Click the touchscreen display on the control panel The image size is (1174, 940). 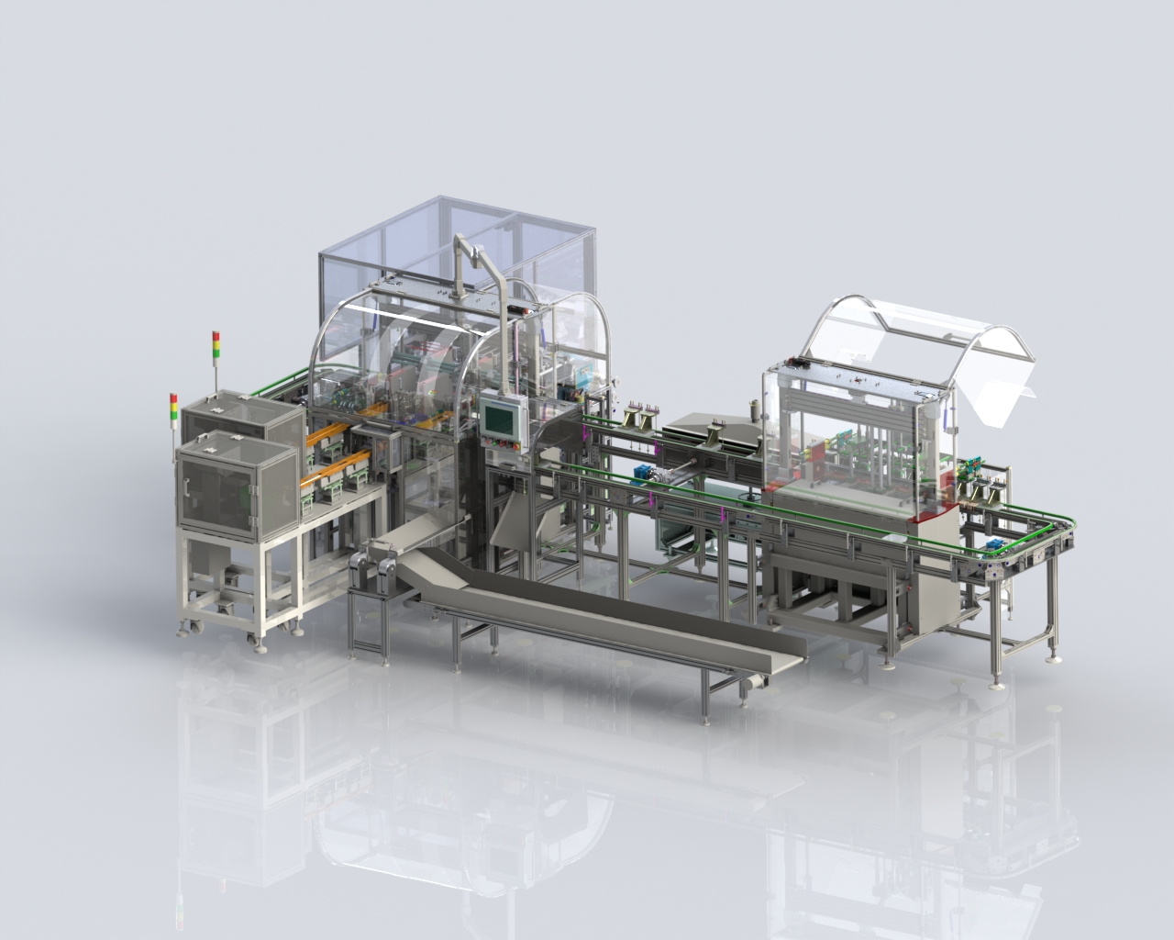[x=498, y=419]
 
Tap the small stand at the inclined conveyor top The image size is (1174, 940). [x=371, y=606]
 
